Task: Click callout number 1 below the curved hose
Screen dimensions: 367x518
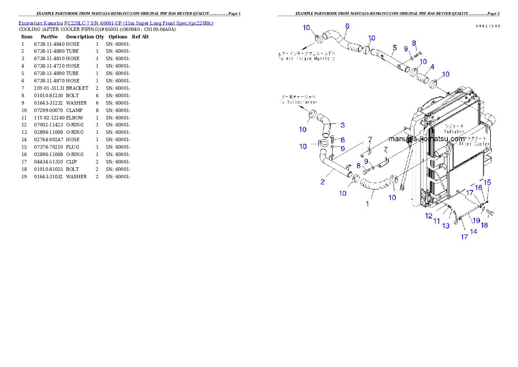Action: click(367, 204)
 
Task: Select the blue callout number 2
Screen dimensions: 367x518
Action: click(323, 182)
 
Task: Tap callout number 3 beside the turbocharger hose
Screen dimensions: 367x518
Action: click(343, 125)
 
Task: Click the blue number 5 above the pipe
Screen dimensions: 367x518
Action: click(394, 47)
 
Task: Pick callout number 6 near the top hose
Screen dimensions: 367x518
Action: click(347, 26)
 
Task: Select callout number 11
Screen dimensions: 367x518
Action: click(437, 221)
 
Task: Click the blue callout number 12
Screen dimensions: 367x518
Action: click(429, 216)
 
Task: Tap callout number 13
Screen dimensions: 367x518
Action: click(446, 226)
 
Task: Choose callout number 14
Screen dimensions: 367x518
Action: click(474, 231)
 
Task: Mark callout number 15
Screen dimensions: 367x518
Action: click(488, 182)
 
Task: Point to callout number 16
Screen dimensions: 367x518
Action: click(479, 187)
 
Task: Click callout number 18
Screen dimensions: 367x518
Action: click(484, 225)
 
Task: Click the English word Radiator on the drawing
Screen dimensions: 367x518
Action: click(454, 131)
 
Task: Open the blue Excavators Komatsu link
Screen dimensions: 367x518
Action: click(116, 23)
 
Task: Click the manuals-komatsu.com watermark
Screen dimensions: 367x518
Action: click(427, 139)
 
